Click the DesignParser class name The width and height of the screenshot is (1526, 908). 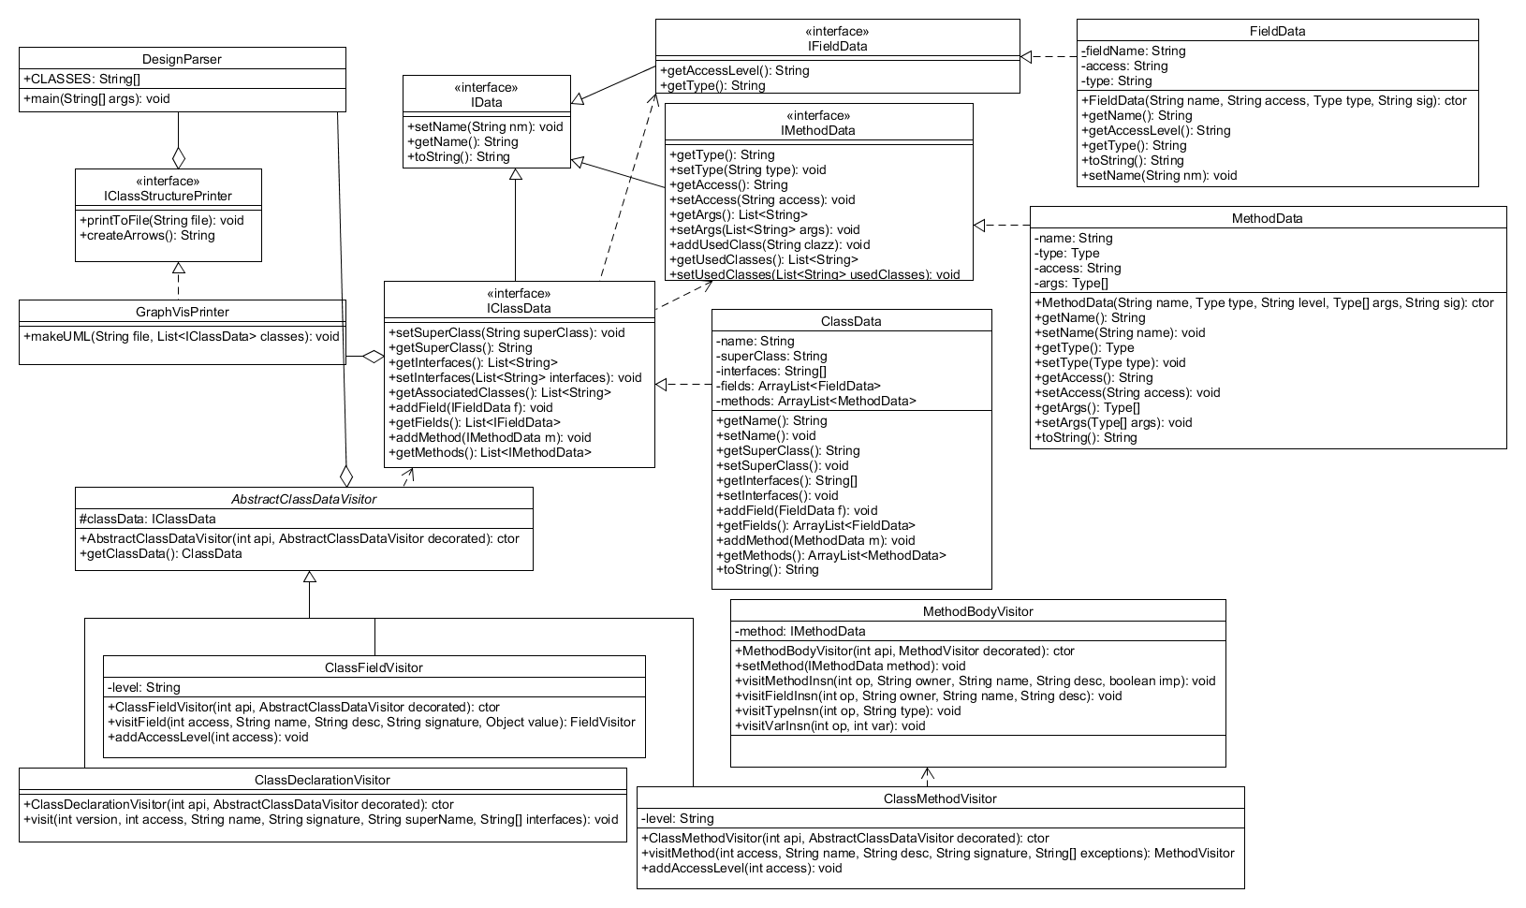click(x=182, y=59)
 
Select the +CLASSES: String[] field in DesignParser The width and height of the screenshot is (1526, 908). click(x=81, y=79)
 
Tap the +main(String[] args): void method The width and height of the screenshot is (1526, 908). click(x=97, y=98)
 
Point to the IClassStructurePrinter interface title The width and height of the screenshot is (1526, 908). click(x=169, y=196)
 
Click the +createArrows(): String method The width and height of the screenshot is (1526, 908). click(x=148, y=235)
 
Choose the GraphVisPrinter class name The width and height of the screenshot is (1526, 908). click(x=182, y=312)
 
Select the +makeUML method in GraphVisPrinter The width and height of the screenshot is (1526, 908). click(x=182, y=336)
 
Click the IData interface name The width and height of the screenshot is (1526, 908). click(x=487, y=102)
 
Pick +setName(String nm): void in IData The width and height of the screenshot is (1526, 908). click(x=485, y=126)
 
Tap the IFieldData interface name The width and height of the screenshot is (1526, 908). click(x=837, y=45)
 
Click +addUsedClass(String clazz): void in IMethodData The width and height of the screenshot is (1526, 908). click(x=770, y=244)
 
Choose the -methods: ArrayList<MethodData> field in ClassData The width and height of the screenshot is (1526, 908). click(x=815, y=401)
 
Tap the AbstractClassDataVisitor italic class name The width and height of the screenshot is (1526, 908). click(x=303, y=499)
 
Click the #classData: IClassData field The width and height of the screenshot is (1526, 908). click(x=148, y=519)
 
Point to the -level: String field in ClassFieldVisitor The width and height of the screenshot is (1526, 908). click(x=144, y=687)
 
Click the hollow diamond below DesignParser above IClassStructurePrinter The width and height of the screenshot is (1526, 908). click(x=178, y=156)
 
